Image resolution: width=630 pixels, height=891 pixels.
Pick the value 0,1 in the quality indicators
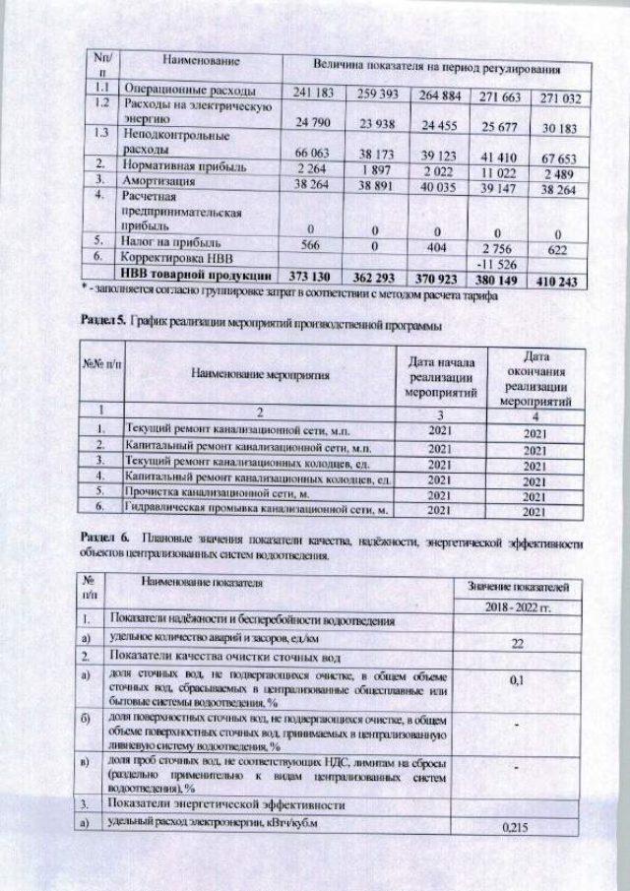[x=510, y=680]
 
